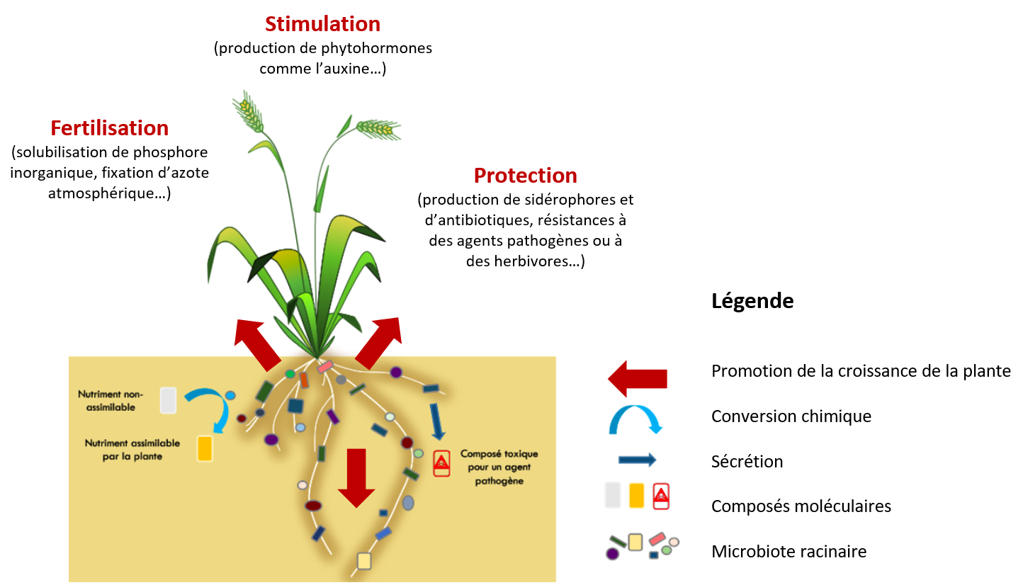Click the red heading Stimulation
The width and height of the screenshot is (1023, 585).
click(322, 24)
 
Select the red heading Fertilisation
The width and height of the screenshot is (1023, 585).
click(109, 128)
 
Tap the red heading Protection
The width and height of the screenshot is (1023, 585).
click(525, 175)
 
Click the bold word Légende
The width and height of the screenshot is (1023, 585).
click(752, 301)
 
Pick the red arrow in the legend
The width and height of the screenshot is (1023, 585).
click(637, 378)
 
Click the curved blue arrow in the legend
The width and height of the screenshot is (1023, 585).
click(635, 419)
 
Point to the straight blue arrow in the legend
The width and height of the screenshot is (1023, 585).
click(637, 460)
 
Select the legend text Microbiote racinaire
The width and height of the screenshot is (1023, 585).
click(789, 551)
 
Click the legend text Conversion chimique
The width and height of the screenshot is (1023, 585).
click(791, 416)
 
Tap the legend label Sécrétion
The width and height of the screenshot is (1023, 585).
click(747, 462)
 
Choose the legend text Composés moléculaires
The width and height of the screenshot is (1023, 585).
click(801, 506)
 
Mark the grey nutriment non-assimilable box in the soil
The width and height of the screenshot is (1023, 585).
click(168, 400)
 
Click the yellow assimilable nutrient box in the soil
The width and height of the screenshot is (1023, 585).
click(205, 448)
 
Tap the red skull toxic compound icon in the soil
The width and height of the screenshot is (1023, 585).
click(441, 463)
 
